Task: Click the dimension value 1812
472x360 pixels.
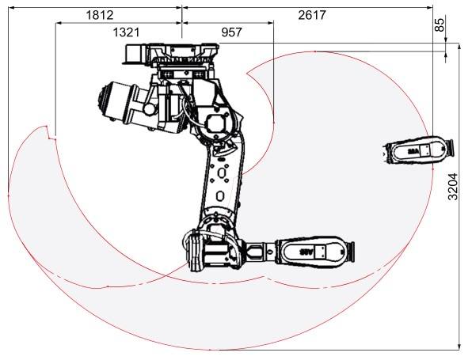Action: [100, 15]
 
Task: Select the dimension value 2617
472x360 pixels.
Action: [312, 15]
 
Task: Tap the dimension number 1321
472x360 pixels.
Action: [126, 32]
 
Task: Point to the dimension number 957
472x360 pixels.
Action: [231, 32]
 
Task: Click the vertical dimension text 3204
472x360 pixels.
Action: [453, 187]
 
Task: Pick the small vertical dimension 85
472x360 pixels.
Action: [440, 25]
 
